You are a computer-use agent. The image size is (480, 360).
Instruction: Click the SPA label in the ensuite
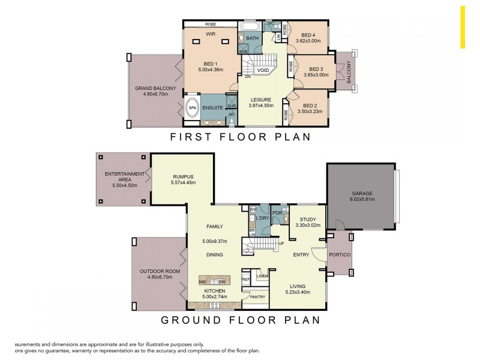pyautogui.click(x=193, y=109)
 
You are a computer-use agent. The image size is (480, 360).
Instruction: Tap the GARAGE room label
pyautogui.click(x=361, y=193)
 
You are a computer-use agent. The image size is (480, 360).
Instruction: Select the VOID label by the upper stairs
pyautogui.click(x=263, y=70)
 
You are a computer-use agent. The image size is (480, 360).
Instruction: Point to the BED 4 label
pyautogui.click(x=308, y=35)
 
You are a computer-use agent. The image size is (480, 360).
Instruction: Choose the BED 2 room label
pyautogui.click(x=308, y=106)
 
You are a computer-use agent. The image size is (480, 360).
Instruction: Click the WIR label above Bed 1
pyautogui.click(x=211, y=34)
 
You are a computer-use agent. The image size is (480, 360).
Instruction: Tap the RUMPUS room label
pyautogui.click(x=183, y=176)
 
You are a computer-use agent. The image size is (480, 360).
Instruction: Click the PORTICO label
pyautogui.click(x=340, y=255)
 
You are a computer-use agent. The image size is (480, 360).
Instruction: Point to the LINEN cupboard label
pyautogui.click(x=262, y=276)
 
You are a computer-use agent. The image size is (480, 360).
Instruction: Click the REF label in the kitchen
pyautogui.click(x=245, y=280)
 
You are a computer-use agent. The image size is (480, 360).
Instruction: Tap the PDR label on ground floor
pyautogui.click(x=277, y=213)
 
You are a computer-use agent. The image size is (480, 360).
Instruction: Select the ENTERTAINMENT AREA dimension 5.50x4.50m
pyautogui.click(x=125, y=186)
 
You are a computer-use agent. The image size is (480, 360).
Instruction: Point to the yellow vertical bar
pyautogui.click(x=463, y=27)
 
